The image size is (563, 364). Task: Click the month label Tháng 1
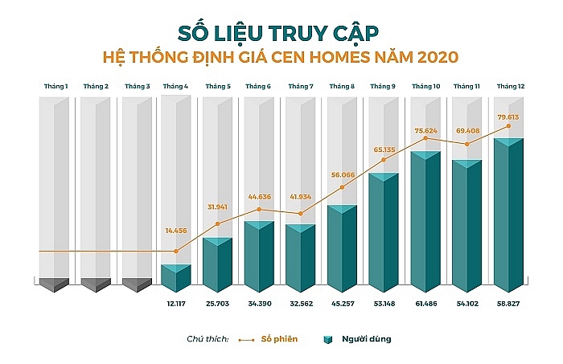click(x=55, y=85)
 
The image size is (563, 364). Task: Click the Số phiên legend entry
click(x=281, y=339)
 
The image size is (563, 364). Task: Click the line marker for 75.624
click(x=425, y=138)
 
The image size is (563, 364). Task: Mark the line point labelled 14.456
click(x=176, y=252)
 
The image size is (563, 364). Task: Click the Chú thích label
click(x=208, y=339)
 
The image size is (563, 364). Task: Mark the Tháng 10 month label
click(x=425, y=85)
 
